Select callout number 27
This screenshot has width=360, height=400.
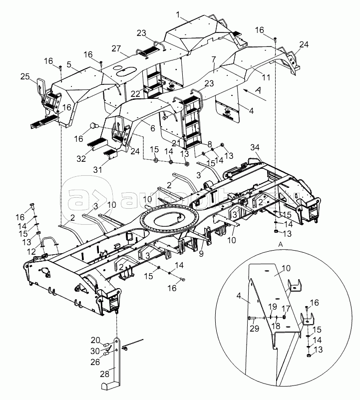point(117,49)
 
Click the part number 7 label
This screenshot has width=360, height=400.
point(213,59)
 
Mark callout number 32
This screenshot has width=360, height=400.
point(81,158)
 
